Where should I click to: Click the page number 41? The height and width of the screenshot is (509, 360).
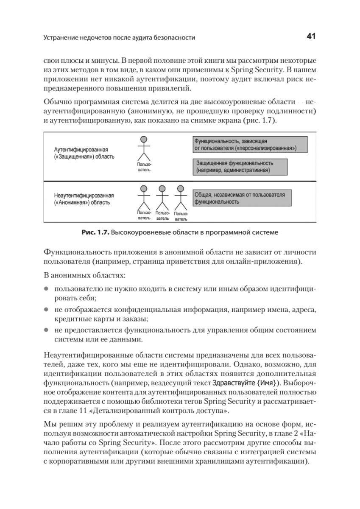311,37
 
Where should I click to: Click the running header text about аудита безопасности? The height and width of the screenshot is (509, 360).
119,38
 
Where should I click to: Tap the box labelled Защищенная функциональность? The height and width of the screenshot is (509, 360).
240,166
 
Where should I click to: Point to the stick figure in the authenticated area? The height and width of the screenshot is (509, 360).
144,152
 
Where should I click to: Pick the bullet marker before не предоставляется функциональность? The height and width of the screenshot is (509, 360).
46,330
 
